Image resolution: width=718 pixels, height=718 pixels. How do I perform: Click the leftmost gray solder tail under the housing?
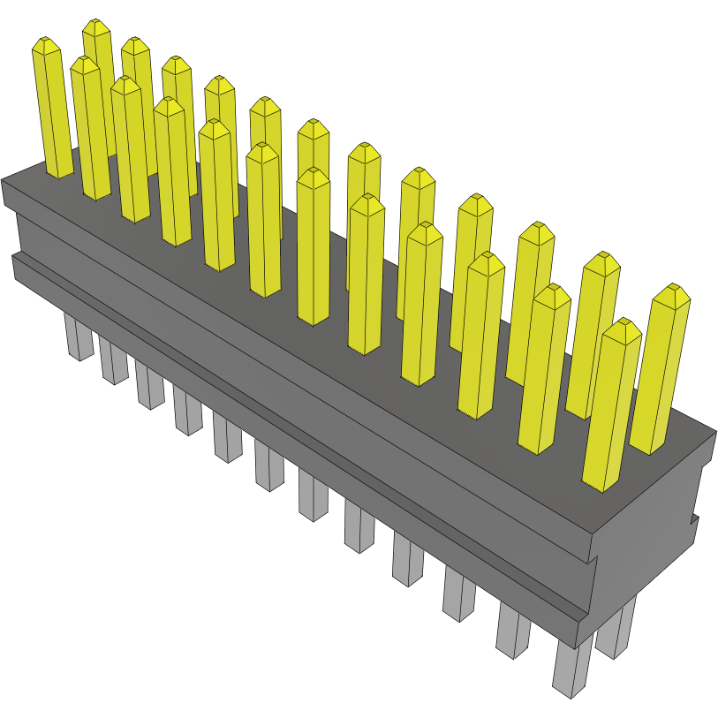[x=79, y=340]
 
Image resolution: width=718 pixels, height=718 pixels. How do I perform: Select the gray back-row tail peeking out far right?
[x=616, y=629]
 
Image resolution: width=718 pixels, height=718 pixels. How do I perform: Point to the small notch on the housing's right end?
[x=694, y=525]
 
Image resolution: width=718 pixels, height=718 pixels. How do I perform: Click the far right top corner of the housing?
[x=714, y=432]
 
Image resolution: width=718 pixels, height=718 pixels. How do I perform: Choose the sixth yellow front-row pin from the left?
[x=264, y=221]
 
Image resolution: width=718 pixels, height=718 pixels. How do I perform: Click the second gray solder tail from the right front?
[x=512, y=631]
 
